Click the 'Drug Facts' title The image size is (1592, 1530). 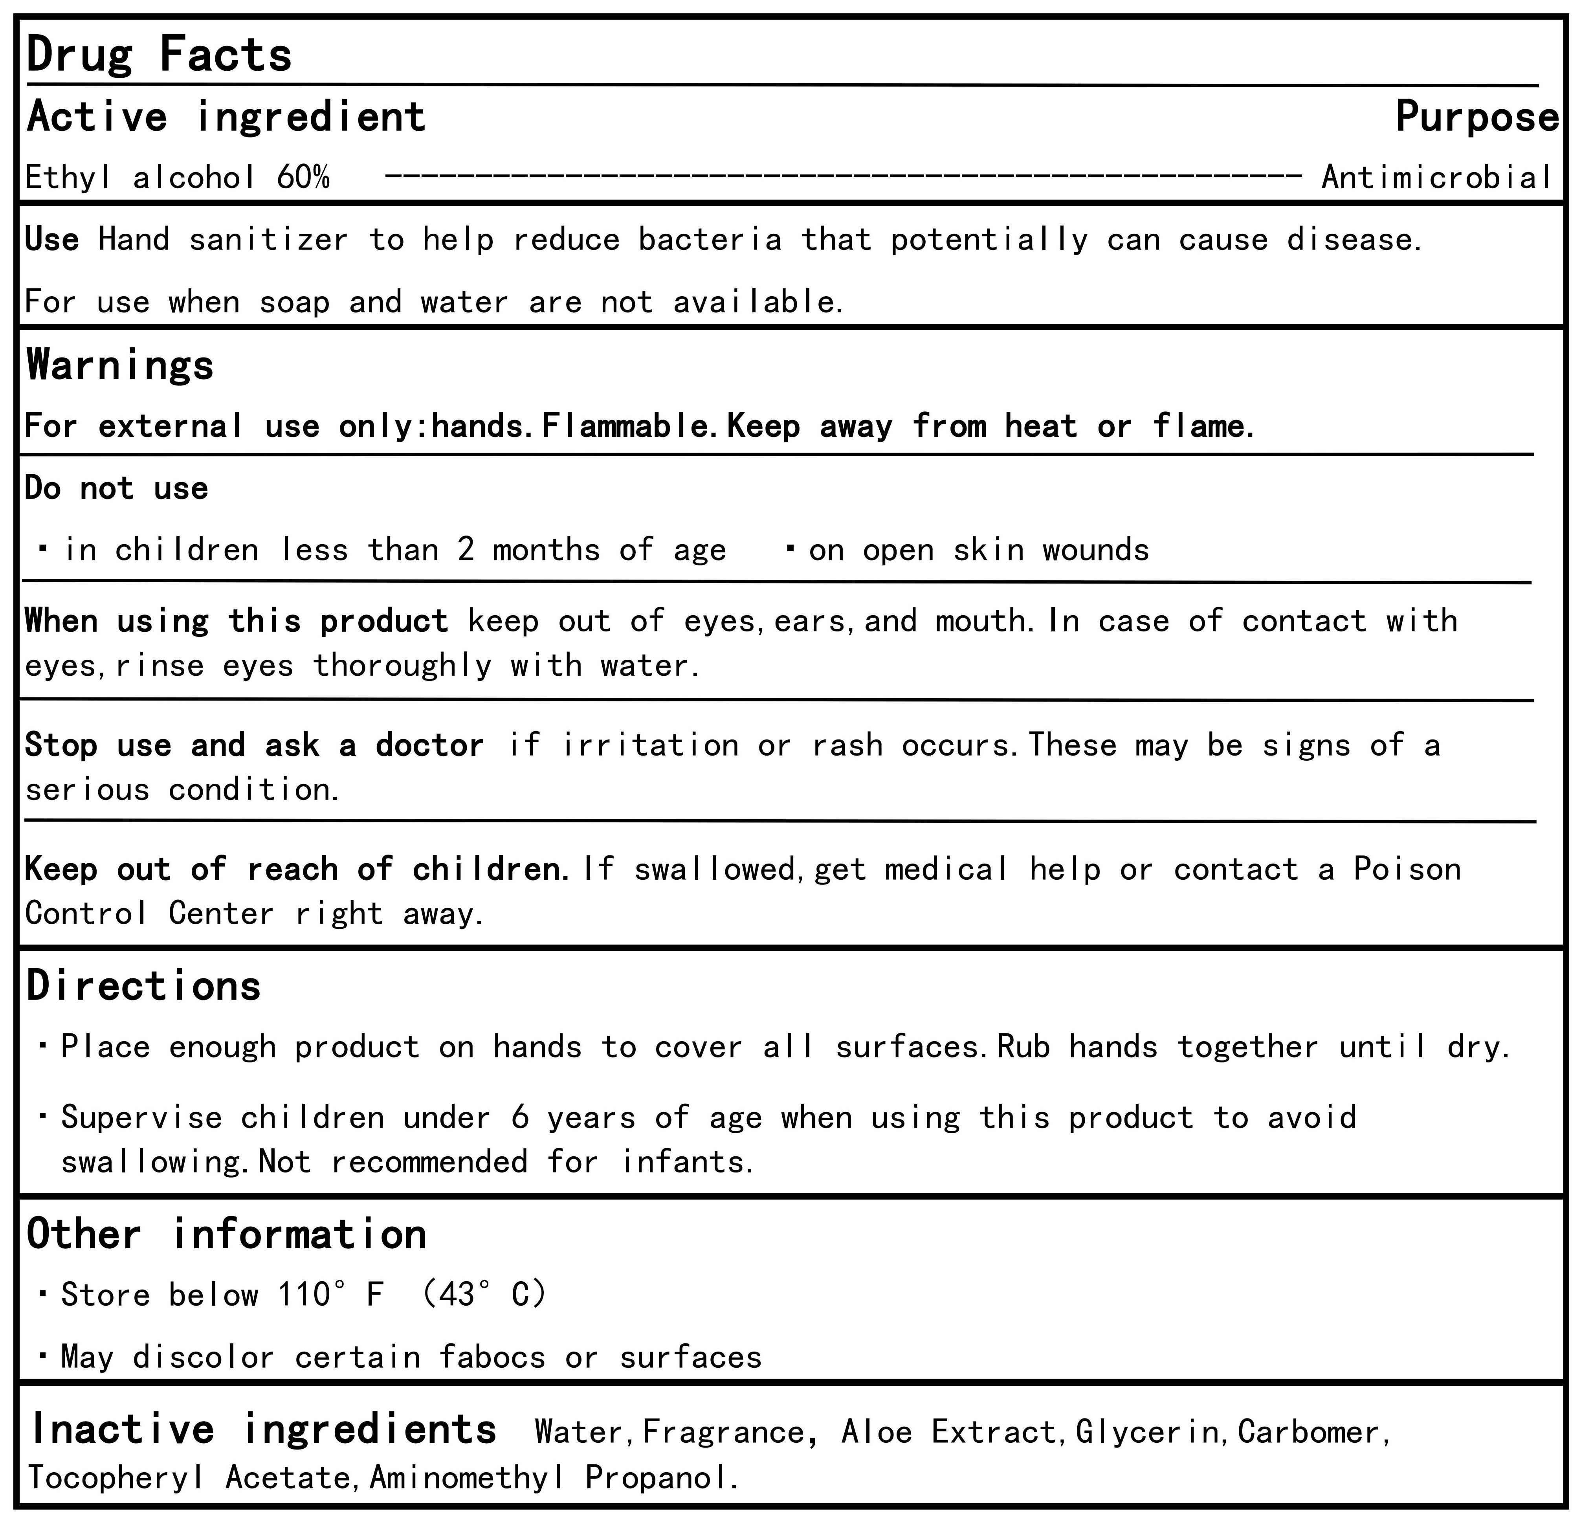(159, 55)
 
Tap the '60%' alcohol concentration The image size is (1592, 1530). (303, 177)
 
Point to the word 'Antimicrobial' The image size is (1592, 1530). (1436, 177)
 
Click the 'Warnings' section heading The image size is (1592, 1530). (120, 365)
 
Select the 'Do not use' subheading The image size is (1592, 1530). (116, 488)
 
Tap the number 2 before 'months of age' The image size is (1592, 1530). (466, 550)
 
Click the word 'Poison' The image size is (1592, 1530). (1407, 869)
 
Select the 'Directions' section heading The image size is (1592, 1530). (144, 986)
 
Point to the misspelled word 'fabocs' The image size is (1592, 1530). (492, 1357)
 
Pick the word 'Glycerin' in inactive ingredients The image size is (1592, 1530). (1147, 1432)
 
